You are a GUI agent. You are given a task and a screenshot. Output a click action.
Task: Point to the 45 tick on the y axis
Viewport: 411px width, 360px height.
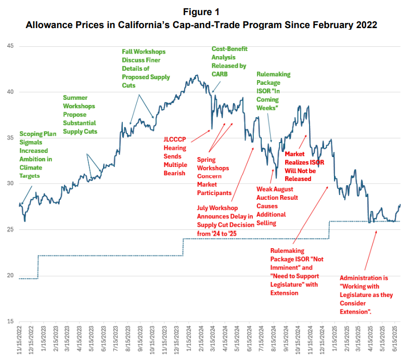(x=10, y=47)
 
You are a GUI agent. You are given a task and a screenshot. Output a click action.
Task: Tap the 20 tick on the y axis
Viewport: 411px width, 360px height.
(x=10, y=275)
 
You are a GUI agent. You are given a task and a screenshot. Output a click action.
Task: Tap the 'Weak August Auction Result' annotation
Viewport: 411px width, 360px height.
(x=277, y=205)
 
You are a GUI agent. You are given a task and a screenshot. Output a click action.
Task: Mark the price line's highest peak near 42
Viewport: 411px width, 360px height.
(x=196, y=75)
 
